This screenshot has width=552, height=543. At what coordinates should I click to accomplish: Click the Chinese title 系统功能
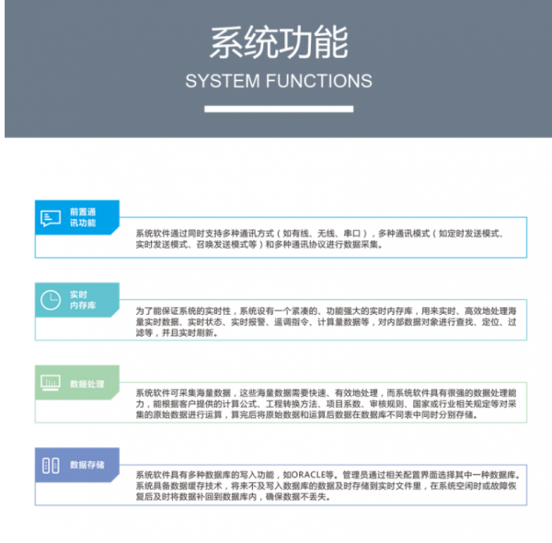pyautogui.click(x=278, y=42)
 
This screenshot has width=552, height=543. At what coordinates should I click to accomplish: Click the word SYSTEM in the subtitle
pyautogui.click(x=223, y=81)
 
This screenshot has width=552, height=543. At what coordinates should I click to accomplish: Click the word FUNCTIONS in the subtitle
pyautogui.click(x=317, y=81)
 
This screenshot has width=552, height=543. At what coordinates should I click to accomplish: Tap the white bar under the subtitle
pyautogui.click(x=278, y=109)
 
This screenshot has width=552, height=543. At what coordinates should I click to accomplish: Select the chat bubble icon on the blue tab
pyautogui.click(x=50, y=217)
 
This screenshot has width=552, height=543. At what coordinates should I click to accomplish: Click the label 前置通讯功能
pyautogui.click(x=82, y=217)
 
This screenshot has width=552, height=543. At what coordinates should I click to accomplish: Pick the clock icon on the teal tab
pyautogui.click(x=50, y=300)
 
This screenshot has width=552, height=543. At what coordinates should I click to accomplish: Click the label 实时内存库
pyautogui.click(x=82, y=300)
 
